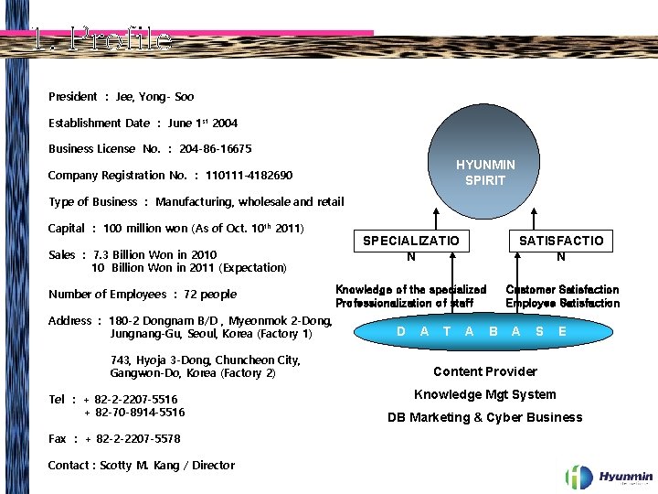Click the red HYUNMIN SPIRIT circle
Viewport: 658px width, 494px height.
click(485, 172)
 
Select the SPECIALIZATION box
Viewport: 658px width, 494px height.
click(411, 248)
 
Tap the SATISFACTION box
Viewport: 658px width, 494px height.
click(561, 248)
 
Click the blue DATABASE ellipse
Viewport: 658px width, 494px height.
click(482, 331)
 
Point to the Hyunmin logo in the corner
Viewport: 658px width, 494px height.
click(609, 476)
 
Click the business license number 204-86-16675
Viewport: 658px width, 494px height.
click(216, 148)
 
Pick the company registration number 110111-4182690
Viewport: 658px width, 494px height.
click(249, 175)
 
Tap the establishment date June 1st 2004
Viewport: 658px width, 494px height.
click(203, 123)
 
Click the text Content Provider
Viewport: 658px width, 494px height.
click(484, 371)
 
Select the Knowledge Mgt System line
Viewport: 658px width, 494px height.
click(484, 394)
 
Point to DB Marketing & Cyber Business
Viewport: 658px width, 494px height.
click(484, 417)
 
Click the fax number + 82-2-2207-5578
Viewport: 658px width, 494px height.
click(133, 439)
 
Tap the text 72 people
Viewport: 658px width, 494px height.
click(204, 294)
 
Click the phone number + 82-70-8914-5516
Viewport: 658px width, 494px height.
click(135, 413)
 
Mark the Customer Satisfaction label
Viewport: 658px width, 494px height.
click(562, 289)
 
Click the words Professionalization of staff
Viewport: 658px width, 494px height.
click(404, 303)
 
